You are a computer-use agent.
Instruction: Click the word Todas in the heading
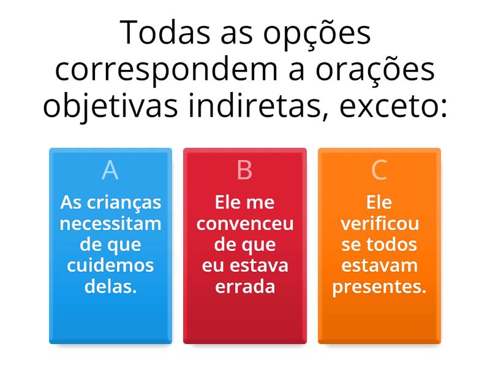[x=165, y=33]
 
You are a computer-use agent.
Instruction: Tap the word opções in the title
[x=317, y=34]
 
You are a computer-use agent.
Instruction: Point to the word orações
[x=375, y=69]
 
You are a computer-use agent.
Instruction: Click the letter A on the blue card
[x=110, y=170]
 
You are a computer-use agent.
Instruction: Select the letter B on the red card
[x=244, y=170]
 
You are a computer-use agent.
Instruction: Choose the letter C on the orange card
[x=379, y=170]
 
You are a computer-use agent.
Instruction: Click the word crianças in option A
[x=124, y=203]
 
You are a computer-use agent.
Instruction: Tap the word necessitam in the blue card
[x=110, y=223]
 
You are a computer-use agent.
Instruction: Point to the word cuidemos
[x=110, y=266]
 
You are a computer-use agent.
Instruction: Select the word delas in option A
[x=110, y=286]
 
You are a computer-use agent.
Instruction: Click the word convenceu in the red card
[x=245, y=224]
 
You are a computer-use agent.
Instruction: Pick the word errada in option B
[x=245, y=286]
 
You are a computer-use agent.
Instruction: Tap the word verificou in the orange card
[x=380, y=223]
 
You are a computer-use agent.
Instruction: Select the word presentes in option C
[x=379, y=287]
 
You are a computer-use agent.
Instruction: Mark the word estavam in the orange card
[x=379, y=266]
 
